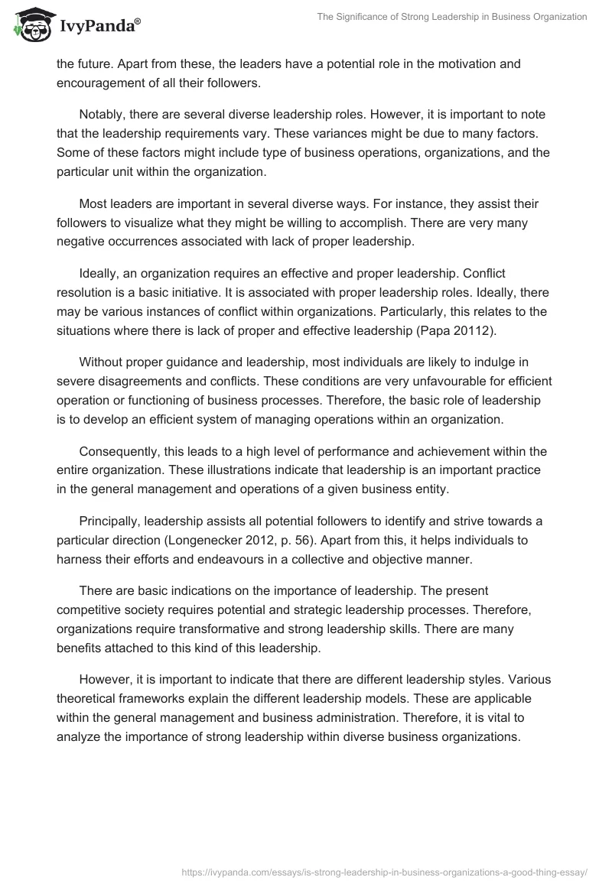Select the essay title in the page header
click(x=452, y=16)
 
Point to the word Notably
click(x=103, y=113)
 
